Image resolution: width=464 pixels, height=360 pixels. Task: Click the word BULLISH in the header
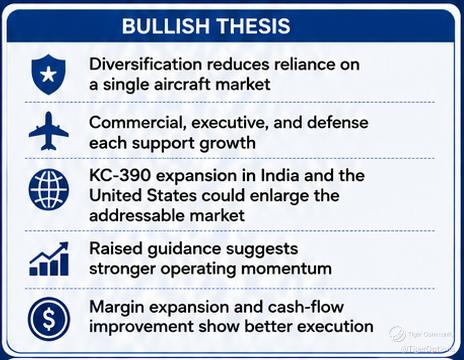click(x=166, y=26)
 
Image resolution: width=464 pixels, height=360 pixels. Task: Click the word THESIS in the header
click(x=254, y=26)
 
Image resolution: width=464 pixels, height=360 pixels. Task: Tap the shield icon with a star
click(x=48, y=74)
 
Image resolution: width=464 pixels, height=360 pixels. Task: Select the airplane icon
click(x=49, y=131)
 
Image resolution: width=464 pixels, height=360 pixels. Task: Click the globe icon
click(x=49, y=189)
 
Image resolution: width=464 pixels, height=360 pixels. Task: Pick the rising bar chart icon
click(x=49, y=259)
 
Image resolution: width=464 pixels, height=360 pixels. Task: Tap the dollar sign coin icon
click(x=49, y=318)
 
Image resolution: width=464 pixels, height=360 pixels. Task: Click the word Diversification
click(x=145, y=64)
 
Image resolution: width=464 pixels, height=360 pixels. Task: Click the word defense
click(x=337, y=122)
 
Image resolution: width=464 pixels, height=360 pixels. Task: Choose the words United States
click(x=143, y=195)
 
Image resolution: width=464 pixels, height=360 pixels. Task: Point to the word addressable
click(x=136, y=215)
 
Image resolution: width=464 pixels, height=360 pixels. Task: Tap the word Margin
click(x=117, y=307)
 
